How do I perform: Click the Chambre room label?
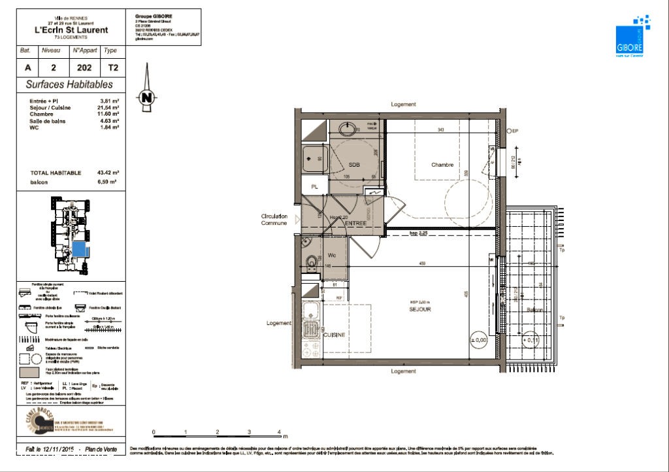(x=442, y=165)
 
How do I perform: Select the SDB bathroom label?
(x=355, y=165)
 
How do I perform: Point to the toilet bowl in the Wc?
(x=312, y=263)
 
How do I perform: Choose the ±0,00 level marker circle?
(x=480, y=340)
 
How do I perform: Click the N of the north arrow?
(x=147, y=97)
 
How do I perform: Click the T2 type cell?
(x=110, y=67)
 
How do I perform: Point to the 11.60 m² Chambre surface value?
(x=109, y=114)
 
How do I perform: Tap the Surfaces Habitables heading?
(x=69, y=84)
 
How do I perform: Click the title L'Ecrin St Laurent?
(x=71, y=29)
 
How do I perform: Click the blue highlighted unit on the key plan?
(x=80, y=250)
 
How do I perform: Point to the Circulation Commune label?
(x=274, y=220)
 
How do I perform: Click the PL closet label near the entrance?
(x=314, y=187)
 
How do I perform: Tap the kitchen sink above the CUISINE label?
(x=311, y=310)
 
